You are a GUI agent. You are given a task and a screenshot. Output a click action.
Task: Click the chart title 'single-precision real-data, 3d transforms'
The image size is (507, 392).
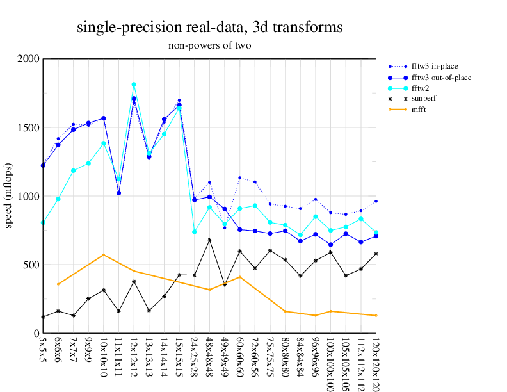pos(209,28)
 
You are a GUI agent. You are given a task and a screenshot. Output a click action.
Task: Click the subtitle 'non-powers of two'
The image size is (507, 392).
pos(209,45)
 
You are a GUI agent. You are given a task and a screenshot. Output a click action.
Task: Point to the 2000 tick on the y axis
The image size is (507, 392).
pos(29,59)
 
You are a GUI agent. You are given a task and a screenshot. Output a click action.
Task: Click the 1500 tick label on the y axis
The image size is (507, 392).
pos(29,127)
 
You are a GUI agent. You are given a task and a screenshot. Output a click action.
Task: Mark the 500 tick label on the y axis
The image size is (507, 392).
pos(31,265)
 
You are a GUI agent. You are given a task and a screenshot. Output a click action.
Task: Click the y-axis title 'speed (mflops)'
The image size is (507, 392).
pos(9,196)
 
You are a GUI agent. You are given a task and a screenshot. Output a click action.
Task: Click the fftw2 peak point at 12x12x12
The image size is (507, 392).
pos(134,85)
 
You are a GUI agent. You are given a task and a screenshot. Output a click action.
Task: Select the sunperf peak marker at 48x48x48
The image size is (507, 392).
pos(209,240)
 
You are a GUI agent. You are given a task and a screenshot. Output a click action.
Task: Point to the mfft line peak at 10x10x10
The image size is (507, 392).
pos(104,255)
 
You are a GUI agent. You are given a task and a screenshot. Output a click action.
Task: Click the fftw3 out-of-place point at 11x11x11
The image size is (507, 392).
pos(118,193)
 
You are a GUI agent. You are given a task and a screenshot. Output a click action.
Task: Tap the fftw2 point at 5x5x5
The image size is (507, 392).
pos(43,223)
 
